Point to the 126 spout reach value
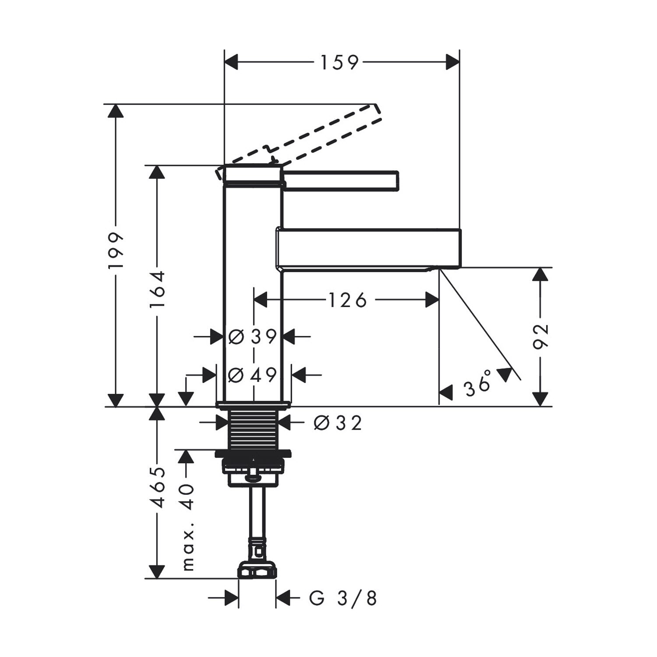pyautogui.click(x=347, y=300)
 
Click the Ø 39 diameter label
pyautogui.click(x=253, y=337)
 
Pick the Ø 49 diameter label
pyautogui.click(x=253, y=375)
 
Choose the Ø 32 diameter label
pyautogui.click(x=338, y=423)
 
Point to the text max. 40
pyautogui.click(x=187, y=527)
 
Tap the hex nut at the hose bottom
pyautogui.click(x=257, y=570)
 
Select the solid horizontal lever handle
pyautogui.click(x=339, y=181)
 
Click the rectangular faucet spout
pyautogui.click(x=368, y=248)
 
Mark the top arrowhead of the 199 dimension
pyautogui.click(x=116, y=111)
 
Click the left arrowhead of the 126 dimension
pyautogui.click(x=261, y=300)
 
